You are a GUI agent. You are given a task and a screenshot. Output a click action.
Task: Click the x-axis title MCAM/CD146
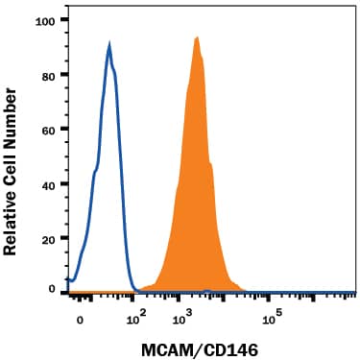[211, 343]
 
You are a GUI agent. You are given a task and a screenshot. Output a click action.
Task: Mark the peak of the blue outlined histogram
[109, 44]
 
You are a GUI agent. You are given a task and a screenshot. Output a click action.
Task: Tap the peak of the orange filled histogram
[197, 37]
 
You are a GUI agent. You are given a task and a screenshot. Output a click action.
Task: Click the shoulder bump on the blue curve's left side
[93, 173]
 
